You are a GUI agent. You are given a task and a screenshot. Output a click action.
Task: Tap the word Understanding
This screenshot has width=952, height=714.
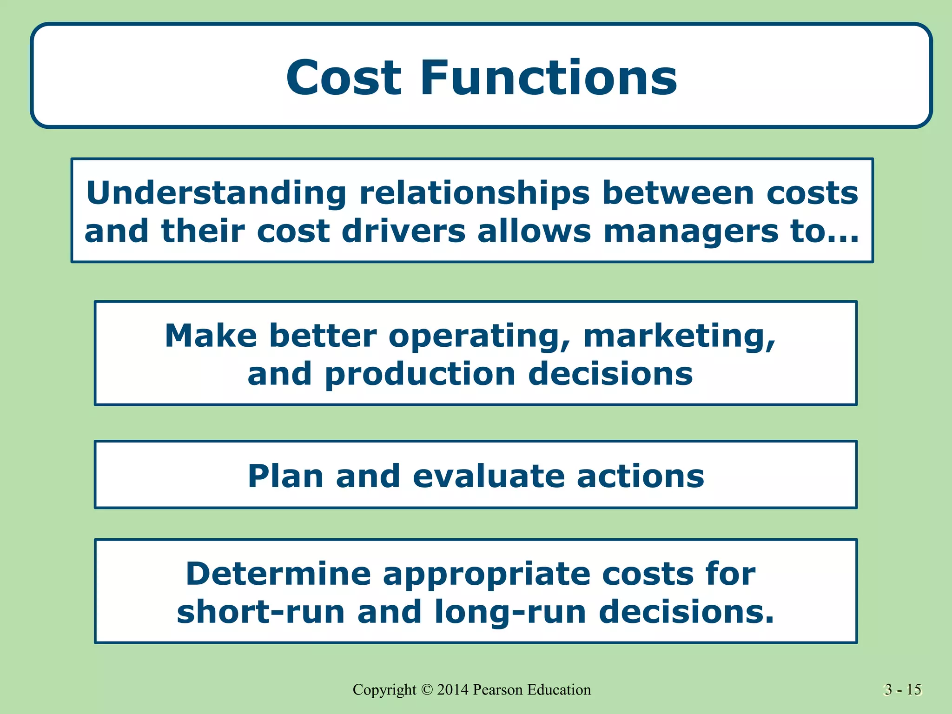(216, 193)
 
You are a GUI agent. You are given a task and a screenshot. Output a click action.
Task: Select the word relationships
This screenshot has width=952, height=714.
(474, 193)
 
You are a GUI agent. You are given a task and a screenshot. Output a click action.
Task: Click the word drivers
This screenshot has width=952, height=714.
(403, 231)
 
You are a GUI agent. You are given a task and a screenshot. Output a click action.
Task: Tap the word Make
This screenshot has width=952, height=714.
(211, 336)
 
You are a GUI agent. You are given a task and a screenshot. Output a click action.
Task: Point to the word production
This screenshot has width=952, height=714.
(420, 375)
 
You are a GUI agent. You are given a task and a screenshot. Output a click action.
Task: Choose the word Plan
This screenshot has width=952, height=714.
(285, 476)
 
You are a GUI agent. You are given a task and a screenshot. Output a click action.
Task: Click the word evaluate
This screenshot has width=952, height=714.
(488, 476)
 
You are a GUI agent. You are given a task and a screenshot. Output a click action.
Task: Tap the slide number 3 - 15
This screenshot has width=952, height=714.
(903, 690)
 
